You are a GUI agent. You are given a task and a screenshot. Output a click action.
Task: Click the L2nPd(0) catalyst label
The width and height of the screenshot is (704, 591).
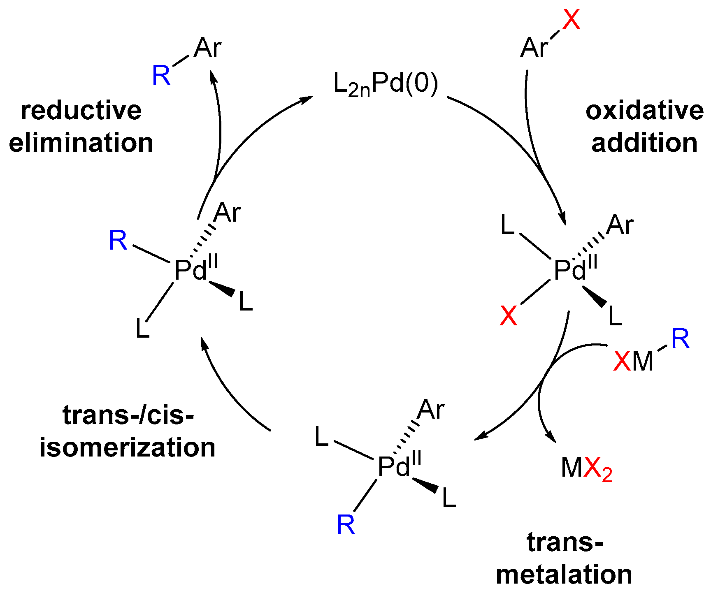pyautogui.click(x=386, y=85)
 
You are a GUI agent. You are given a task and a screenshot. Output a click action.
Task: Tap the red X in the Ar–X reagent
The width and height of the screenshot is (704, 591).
pyautogui.click(x=571, y=19)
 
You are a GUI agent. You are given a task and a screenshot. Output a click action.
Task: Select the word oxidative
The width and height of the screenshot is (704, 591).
pyautogui.click(x=644, y=111)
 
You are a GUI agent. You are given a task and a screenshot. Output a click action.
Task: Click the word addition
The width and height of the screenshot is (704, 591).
pyautogui.click(x=644, y=143)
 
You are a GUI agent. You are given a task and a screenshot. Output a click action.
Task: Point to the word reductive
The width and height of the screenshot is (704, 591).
pyautogui.click(x=81, y=111)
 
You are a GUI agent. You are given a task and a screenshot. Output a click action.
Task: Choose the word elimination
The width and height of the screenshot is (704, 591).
pyautogui.click(x=81, y=143)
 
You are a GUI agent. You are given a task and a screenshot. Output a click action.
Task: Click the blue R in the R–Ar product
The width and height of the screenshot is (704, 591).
pyautogui.click(x=161, y=76)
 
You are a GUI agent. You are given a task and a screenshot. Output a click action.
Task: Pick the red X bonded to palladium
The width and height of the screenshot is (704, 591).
pyautogui.click(x=508, y=316)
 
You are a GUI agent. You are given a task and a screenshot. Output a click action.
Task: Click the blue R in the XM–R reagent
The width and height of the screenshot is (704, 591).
pyautogui.click(x=680, y=339)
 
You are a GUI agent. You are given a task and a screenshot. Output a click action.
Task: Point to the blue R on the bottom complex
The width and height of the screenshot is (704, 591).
pyautogui.click(x=346, y=525)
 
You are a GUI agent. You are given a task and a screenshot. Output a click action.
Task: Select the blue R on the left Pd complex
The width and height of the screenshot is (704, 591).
pyautogui.click(x=118, y=241)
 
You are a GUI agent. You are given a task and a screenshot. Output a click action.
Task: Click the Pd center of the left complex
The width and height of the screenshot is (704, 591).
pyautogui.click(x=191, y=271)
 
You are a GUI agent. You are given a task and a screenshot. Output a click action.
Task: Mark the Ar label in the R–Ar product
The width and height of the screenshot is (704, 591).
pyautogui.click(x=208, y=48)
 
